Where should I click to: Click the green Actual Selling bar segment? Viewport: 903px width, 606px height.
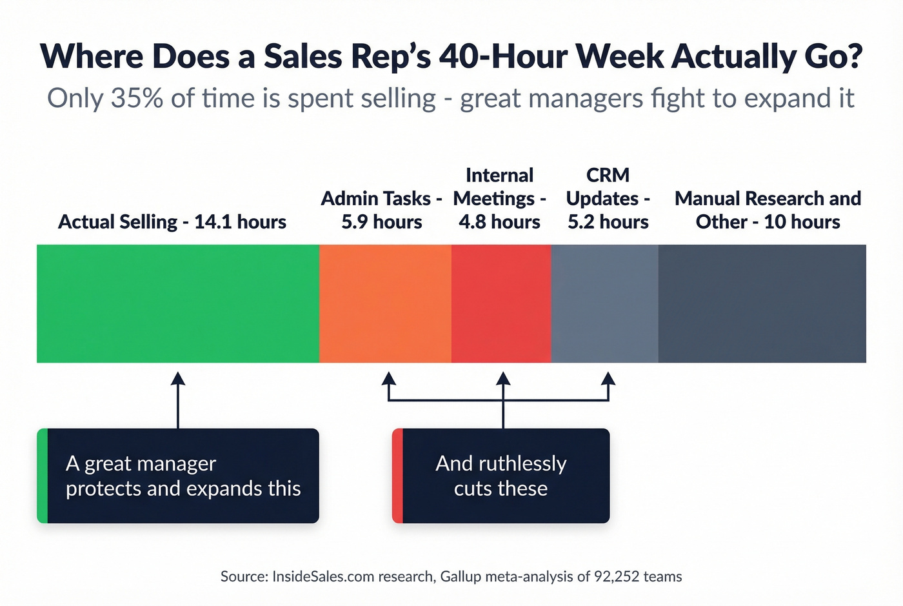pos(178,303)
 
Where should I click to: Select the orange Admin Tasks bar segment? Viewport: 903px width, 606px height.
pos(385,303)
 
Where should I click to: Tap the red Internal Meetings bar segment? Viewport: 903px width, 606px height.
pos(501,303)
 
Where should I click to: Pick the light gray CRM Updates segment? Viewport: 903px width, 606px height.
pos(604,303)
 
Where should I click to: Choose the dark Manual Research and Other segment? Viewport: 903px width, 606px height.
pos(762,303)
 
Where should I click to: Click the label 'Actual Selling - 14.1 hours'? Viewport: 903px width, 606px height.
pos(172,222)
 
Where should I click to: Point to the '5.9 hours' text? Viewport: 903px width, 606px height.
pos(382,222)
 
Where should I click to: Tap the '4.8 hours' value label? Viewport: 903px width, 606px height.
pos(500,222)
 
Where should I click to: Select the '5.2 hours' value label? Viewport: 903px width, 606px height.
pos(608,222)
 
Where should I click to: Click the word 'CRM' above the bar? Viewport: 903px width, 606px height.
pos(608,175)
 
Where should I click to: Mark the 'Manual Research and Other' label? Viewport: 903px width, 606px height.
pos(768,210)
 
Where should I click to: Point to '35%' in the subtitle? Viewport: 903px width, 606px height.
pos(137,98)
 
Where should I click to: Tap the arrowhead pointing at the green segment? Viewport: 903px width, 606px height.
pos(178,378)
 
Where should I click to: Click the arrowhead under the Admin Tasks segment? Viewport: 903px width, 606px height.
pos(388,378)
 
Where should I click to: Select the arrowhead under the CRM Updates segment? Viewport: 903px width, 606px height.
pos(608,378)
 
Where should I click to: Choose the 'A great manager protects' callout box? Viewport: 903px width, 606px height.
pos(178,476)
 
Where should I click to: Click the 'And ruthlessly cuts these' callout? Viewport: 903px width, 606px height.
pos(501,476)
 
